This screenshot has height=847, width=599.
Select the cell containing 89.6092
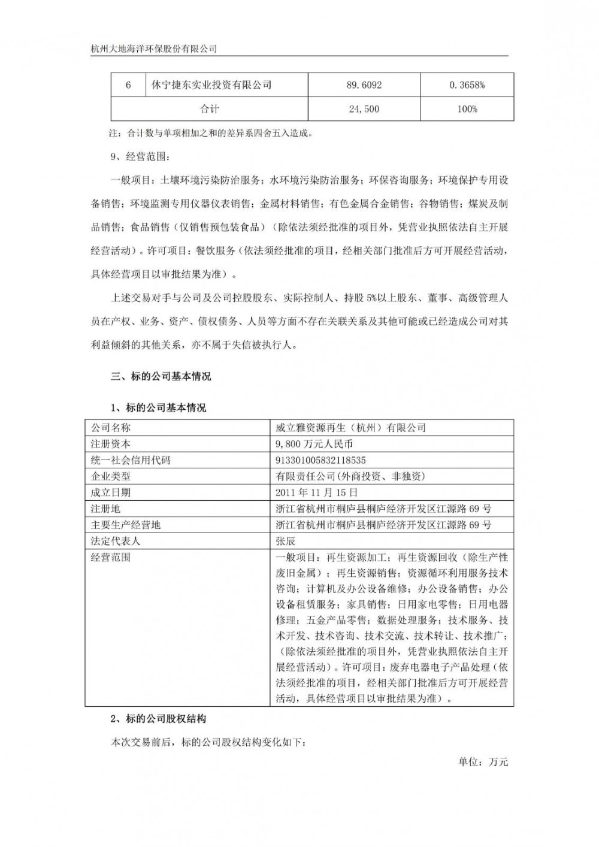pos(364,85)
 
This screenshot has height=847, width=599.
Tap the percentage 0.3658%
pos(467,85)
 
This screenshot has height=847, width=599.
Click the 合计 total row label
pos(209,109)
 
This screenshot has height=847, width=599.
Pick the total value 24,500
pos(364,109)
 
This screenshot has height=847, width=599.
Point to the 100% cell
pos(467,109)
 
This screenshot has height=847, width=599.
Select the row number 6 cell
pos(128,85)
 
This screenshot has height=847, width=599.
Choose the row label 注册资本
pos(110,444)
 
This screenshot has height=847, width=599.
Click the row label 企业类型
pos(110,476)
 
